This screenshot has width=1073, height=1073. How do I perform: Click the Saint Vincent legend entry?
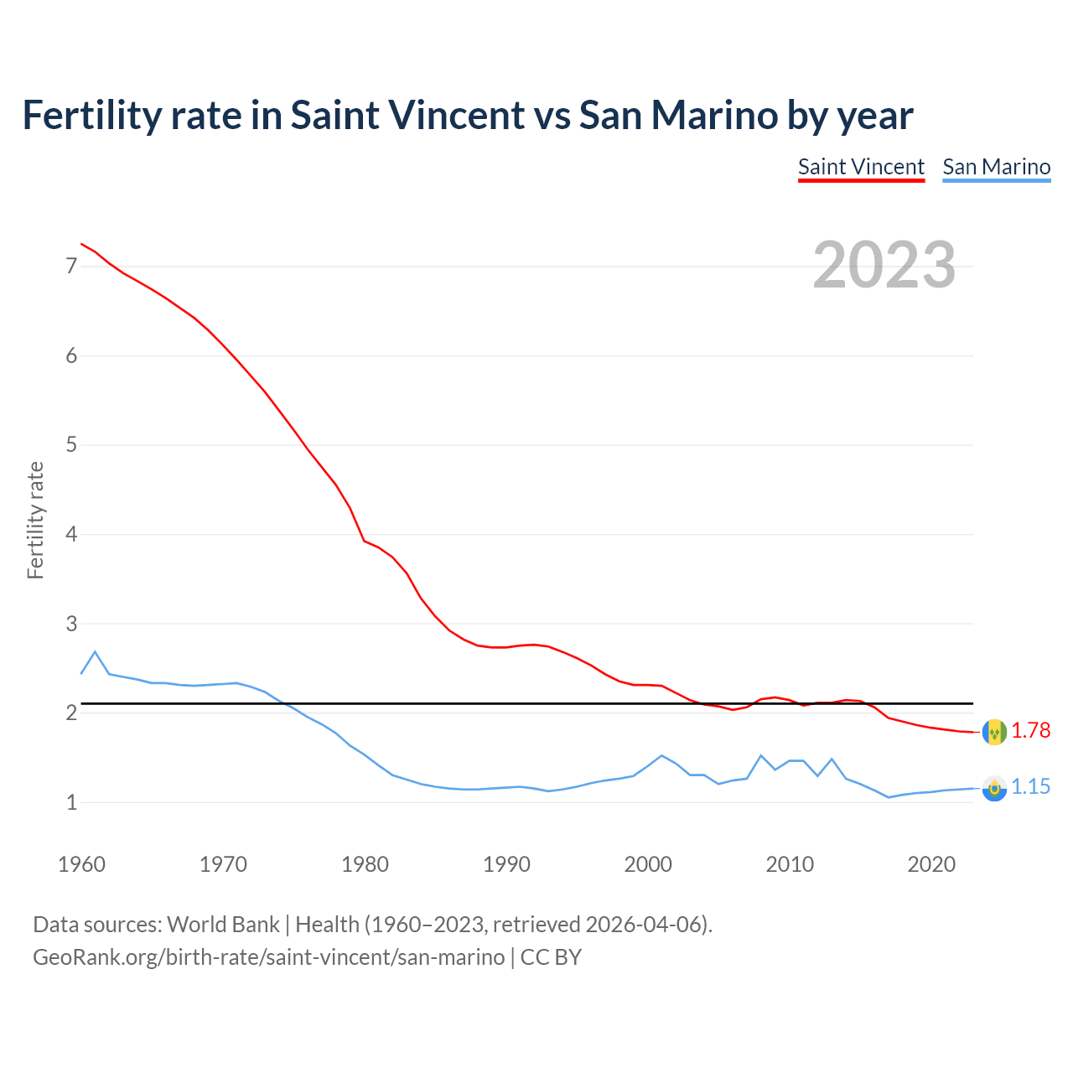pos(861,167)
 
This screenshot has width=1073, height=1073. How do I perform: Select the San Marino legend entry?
pos(996,167)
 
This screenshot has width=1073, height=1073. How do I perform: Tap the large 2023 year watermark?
pos(884,265)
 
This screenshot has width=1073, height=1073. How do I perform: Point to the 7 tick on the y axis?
pos(71,267)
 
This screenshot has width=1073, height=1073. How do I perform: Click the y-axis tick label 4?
pos(71,534)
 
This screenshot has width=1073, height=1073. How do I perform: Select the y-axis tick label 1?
pos(71,802)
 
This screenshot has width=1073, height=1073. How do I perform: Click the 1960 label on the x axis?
pos(81,864)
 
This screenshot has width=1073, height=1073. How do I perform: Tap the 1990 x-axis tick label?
pos(506,864)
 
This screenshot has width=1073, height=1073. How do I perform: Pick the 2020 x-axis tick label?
pos(931,864)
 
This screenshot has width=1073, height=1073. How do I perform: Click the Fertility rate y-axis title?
pos(35,520)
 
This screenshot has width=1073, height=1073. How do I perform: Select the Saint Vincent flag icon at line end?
pos(994,731)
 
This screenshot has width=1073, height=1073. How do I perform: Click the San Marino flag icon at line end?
pos(994,788)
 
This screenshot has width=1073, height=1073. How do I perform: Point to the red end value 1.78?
pos(1030,731)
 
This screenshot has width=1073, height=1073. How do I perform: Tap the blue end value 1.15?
pos(1030,787)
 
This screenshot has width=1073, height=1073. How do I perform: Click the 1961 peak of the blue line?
pos(95,651)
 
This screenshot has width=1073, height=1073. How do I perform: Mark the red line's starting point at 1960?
pos(81,244)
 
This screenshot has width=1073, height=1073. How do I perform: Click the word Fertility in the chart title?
pos(91,115)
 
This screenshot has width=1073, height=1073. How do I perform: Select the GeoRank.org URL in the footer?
pos(268,957)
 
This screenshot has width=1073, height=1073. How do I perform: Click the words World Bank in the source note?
pos(223,925)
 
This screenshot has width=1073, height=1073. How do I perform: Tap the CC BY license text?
pos(551,957)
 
